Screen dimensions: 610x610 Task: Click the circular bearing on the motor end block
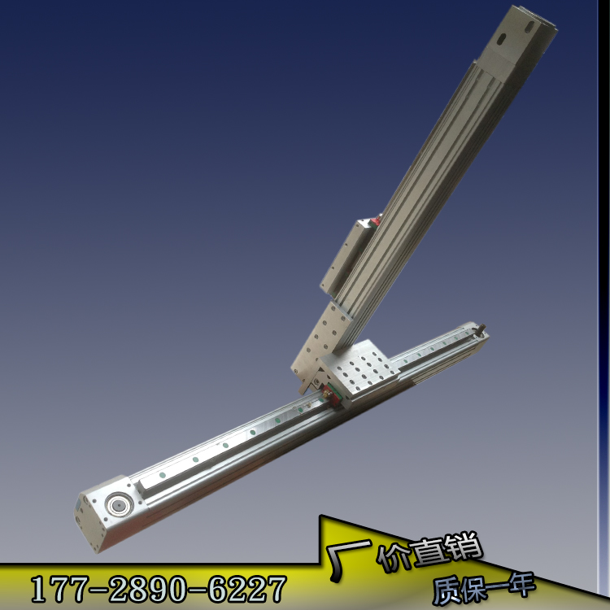click(x=120, y=505)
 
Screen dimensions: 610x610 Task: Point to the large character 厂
click(x=346, y=557)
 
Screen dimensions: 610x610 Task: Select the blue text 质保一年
click(x=484, y=587)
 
